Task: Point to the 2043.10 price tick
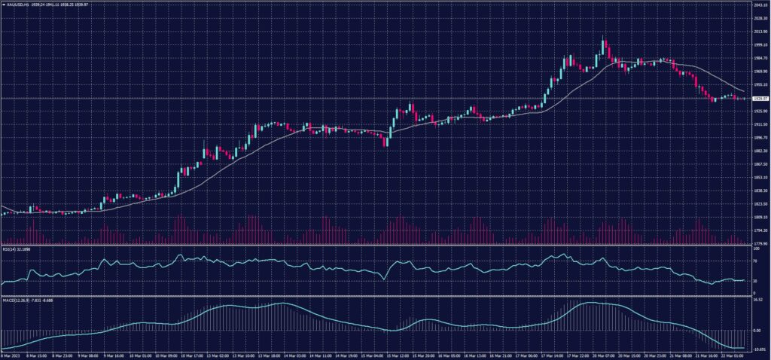[x=759, y=5]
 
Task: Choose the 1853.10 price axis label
[x=759, y=178]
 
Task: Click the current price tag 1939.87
[x=760, y=99]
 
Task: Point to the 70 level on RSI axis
[x=754, y=260]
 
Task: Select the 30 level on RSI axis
[x=754, y=281]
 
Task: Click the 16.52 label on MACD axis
[x=757, y=300]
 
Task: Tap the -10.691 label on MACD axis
[x=759, y=349]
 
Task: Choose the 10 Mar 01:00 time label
[x=142, y=355]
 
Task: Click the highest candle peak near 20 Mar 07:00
[x=603, y=35]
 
